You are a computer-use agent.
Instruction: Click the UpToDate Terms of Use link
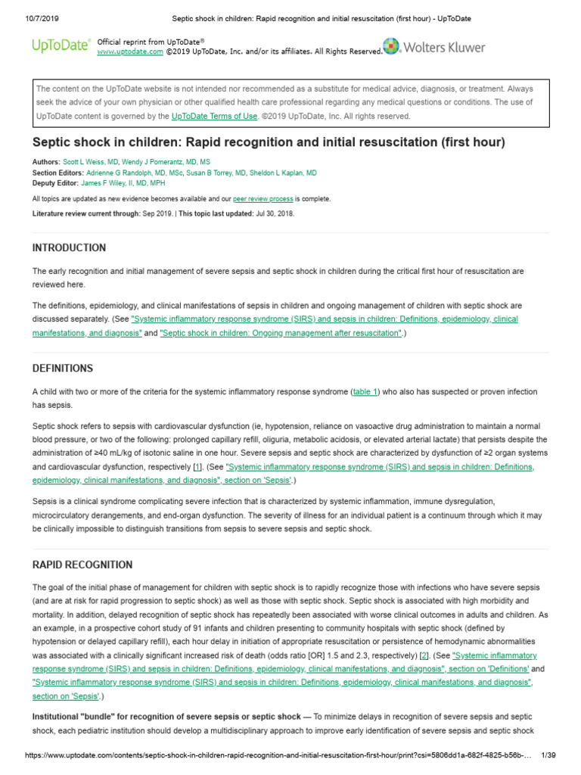click(x=214, y=117)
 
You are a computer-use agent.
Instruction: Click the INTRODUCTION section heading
click(x=69, y=247)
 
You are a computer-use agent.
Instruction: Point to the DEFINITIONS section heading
click(x=63, y=369)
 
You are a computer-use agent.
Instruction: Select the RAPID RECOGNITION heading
click(x=82, y=565)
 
